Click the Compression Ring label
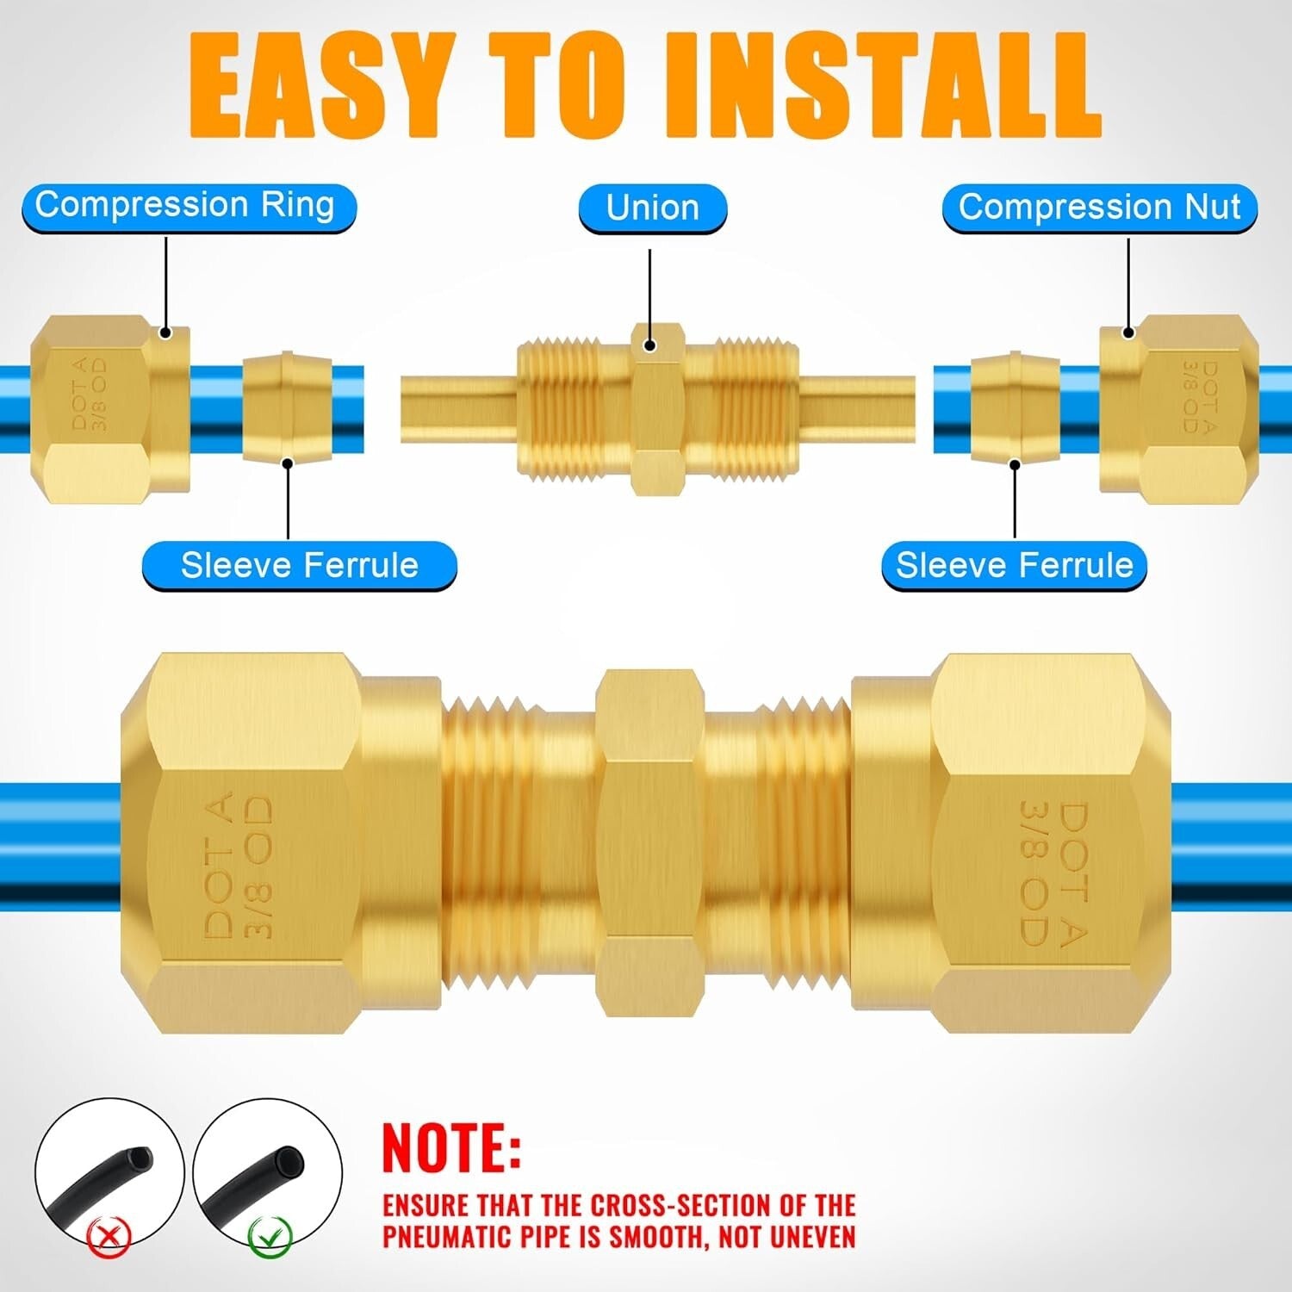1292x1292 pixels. (x=185, y=207)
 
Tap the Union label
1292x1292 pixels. (x=652, y=208)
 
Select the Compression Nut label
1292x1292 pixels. (x=1099, y=208)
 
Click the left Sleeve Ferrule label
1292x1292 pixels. (x=299, y=566)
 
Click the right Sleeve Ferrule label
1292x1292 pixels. (x=1014, y=566)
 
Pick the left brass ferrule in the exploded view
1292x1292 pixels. (x=278, y=407)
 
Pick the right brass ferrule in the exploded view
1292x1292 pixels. (x=1003, y=407)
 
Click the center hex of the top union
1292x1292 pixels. (x=657, y=408)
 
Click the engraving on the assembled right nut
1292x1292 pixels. (x=1053, y=872)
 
